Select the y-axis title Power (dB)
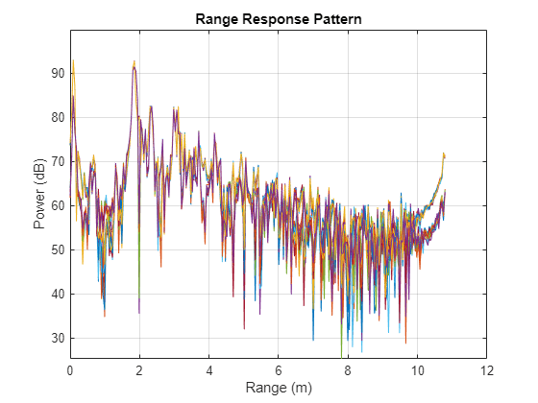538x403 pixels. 39,194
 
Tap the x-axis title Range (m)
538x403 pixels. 279,388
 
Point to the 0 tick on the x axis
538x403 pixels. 70,369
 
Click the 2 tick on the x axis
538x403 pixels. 139,369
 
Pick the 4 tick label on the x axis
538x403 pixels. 208,369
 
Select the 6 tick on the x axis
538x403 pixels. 279,369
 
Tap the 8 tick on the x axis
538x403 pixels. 348,369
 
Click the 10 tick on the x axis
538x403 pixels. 417,369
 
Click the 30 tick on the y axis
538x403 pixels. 58,338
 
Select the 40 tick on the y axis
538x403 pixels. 58,294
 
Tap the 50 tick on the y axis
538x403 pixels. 58,249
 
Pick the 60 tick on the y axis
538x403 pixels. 58,205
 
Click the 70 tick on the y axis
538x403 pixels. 58,161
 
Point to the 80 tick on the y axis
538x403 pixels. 58,117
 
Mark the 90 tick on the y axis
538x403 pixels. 58,73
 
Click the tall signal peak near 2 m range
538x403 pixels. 134,63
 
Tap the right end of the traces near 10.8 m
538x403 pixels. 444,155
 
